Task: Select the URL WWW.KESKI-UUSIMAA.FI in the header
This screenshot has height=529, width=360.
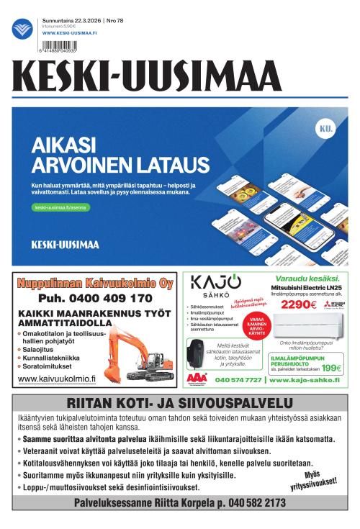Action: pyautogui.click(x=70, y=33)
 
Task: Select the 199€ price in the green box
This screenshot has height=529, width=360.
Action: pyautogui.click(x=331, y=368)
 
